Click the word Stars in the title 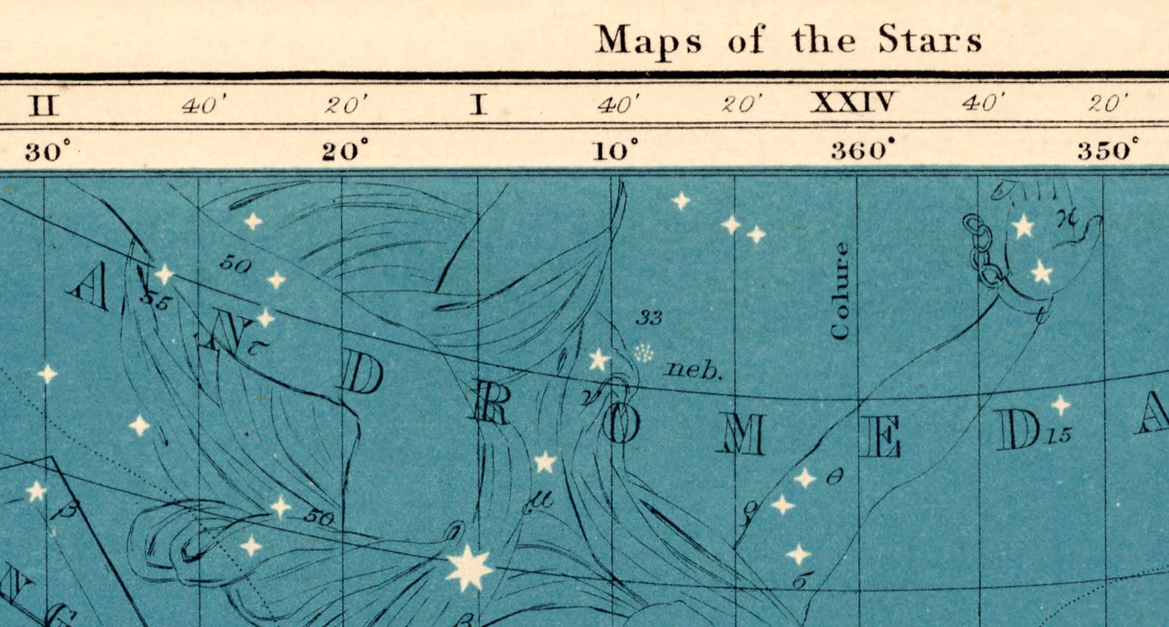(x=930, y=39)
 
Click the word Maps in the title (x=648, y=41)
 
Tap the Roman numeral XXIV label (x=854, y=103)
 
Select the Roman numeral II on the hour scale (x=44, y=106)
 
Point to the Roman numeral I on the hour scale (x=479, y=105)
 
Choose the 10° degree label (x=615, y=149)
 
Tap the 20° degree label (x=345, y=150)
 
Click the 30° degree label (x=48, y=150)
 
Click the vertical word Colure (x=841, y=291)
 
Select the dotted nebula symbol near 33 (x=643, y=352)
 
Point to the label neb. (x=693, y=370)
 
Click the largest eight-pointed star (x=469, y=567)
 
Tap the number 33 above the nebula (x=649, y=317)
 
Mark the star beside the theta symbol (x=805, y=478)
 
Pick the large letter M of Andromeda (x=741, y=436)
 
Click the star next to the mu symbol (x=544, y=463)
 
